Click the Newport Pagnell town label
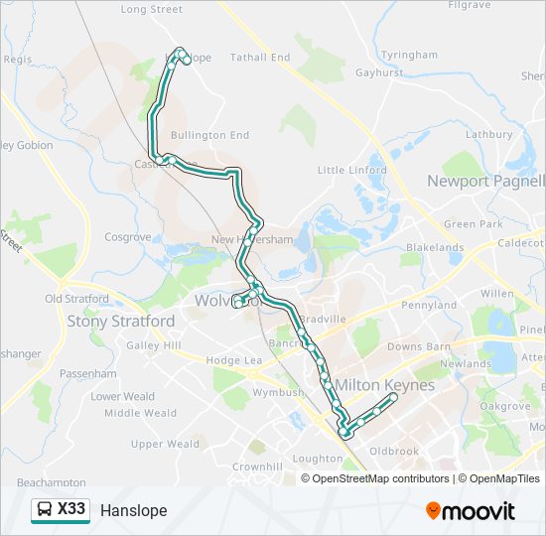pos(486,181)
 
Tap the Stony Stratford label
pos(121,321)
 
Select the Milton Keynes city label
pos(385,384)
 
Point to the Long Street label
pos(152,9)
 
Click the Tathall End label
pos(260,58)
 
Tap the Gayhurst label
pos(380,72)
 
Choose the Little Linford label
pos(351,170)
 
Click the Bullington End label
pos(209,135)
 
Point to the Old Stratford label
pos(77,298)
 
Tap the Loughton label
pos(318,459)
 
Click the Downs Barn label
pos(418,346)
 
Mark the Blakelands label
pos(435,247)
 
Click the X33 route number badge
pos(71,510)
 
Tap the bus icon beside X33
pos(45,510)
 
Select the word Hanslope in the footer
pos(133,511)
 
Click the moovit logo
pos(471,511)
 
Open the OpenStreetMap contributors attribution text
pos(380,478)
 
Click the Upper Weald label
pos(165,444)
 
